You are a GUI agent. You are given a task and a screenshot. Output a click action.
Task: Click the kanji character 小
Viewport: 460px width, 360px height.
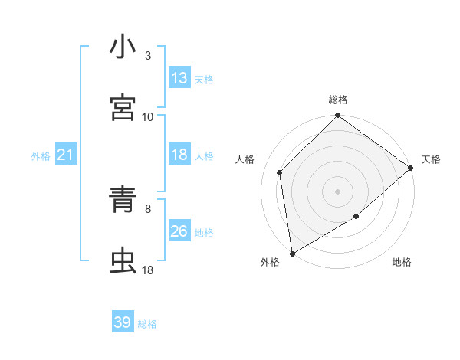(123, 47)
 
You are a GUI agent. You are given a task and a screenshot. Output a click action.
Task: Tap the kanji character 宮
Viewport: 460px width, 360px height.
(123, 109)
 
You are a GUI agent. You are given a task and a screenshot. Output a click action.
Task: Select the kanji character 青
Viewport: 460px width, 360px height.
(123, 201)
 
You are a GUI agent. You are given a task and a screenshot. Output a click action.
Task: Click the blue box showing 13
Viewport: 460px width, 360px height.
(179, 78)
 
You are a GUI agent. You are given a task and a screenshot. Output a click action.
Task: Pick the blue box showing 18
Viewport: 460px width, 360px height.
(179, 155)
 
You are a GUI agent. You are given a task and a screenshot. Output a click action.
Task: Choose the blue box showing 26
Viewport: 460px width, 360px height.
(179, 231)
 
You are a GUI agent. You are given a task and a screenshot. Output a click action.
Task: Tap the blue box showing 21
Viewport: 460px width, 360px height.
(66, 155)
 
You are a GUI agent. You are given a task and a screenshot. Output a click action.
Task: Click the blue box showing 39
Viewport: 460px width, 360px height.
(123, 322)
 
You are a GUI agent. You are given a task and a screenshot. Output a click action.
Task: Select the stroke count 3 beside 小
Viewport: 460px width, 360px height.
(148, 55)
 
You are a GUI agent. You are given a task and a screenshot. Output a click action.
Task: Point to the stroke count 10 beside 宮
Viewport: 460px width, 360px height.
(148, 116)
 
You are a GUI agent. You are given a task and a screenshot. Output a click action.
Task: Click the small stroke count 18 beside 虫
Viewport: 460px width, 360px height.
(148, 270)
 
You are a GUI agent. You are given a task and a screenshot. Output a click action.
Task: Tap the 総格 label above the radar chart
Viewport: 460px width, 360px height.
(338, 100)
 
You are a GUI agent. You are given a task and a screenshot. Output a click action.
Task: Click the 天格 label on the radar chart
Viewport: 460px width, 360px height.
(431, 159)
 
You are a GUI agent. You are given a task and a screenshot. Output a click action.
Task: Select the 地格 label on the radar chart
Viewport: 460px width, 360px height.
(402, 262)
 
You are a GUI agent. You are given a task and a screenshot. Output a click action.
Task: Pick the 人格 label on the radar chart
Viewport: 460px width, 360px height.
(245, 159)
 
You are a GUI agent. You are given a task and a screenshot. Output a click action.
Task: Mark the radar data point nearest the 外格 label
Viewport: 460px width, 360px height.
(292, 254)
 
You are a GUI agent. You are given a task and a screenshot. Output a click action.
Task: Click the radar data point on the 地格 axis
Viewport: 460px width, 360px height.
(356, 217)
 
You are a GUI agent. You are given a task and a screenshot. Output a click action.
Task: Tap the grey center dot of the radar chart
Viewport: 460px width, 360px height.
(337, 191)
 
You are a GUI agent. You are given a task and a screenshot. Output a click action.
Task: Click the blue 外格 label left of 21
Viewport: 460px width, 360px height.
(41, 155)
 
